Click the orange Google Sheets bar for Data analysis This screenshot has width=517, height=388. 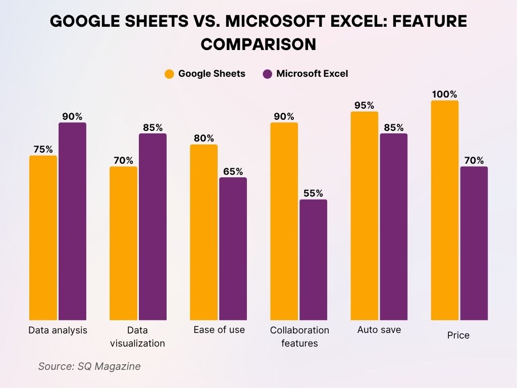click(43, 237)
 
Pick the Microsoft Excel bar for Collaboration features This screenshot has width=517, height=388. click(313, 260)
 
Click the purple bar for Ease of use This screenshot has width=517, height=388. click(233, 249)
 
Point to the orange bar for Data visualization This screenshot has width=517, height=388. click(123, 243)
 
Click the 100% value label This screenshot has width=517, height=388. click(444, 94)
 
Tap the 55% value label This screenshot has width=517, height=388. click(313, 193)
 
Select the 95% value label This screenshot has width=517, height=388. click(364, 105)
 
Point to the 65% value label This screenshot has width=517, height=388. click(233, 171)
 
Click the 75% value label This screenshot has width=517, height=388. click(43, 149)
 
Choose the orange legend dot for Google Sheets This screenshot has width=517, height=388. click(169, 74)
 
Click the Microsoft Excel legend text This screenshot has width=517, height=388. click(312, 74)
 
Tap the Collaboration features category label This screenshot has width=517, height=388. click(299, 336)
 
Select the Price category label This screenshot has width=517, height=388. click(458, 335)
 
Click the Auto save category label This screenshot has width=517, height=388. click(379, 330)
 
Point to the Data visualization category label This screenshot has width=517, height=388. click(138, 336)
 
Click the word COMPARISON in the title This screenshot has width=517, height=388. click(258, 44)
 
